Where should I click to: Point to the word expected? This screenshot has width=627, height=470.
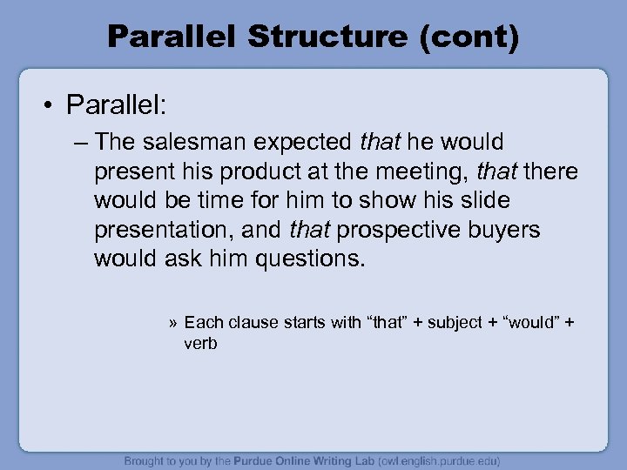301,141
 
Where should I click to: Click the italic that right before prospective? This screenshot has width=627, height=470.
310,230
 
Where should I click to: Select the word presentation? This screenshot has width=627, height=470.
168,230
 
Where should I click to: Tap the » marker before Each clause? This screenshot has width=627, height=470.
174,323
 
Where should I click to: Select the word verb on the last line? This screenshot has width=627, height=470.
200,343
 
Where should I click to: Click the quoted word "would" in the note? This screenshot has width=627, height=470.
526,323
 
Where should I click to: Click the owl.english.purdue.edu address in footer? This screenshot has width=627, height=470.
427,460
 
